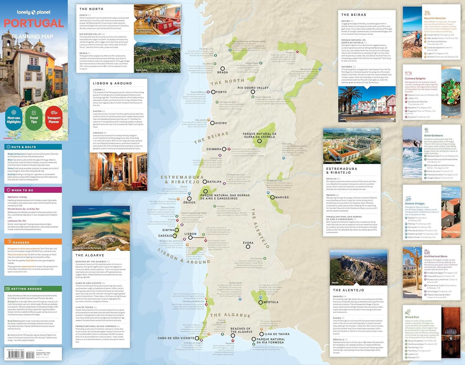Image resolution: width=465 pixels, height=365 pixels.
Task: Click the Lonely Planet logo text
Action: point(33,12)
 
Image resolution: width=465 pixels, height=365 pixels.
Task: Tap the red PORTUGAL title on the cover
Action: point(34,23)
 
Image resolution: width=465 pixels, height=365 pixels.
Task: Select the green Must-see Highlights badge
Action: point(14,118)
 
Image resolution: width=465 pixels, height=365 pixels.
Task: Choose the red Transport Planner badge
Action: point(54,118)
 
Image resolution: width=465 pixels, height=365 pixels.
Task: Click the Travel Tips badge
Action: point(34,118)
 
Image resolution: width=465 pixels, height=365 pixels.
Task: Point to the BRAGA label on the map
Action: point(223,72)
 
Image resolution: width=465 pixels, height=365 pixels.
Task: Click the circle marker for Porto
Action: point(213,92)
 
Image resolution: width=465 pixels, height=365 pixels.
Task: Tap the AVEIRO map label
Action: point(221,123)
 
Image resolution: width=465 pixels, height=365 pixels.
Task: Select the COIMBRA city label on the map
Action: point(214,149)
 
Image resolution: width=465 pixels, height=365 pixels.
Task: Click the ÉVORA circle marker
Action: point(248,247)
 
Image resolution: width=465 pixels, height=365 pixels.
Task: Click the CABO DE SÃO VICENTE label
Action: point(176,338)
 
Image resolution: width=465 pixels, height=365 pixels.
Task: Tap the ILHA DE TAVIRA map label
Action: point(277,334)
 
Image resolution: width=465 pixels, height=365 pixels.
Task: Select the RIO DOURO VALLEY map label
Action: point(253,88)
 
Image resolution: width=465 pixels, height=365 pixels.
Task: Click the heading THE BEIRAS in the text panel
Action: point(354,15)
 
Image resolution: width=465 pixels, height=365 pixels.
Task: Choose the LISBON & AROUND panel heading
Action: point(112,83)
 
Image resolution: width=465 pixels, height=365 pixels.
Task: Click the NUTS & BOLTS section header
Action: point(24,147)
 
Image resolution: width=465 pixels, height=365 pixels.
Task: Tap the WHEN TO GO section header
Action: point(22,190)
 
